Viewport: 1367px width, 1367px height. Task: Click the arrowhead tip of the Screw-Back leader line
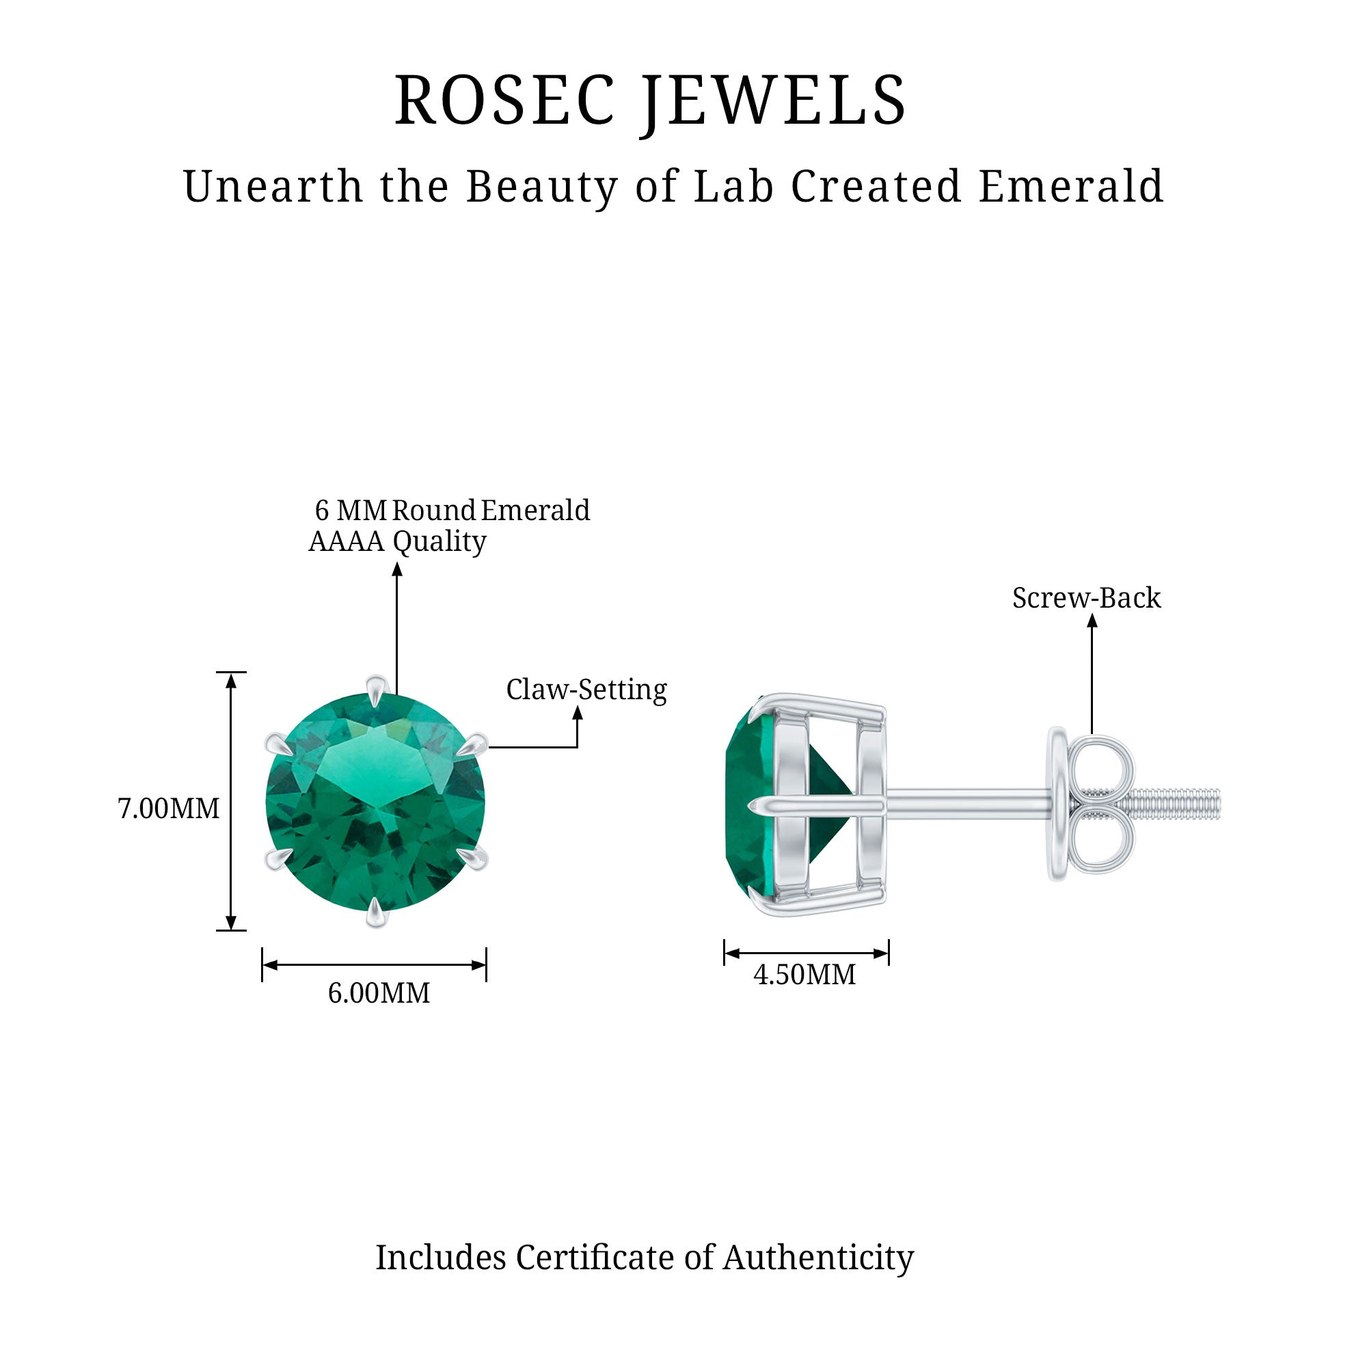click(x=1092, y=614)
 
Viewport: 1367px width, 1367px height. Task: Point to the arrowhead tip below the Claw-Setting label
click(x=578, y=707)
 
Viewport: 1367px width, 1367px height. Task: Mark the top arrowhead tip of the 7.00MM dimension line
click(x=230, y=673)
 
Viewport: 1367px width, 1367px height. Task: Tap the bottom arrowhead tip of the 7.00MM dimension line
click(x=230, y=930)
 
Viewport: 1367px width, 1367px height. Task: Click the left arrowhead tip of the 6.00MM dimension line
click(x=263, y=964)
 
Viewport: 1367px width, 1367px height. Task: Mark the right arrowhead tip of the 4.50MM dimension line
click(x=888, y=953)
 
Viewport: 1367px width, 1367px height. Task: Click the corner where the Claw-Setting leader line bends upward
click(x=578, y=746)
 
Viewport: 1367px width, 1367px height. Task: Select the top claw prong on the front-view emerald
click(x=377, y=690)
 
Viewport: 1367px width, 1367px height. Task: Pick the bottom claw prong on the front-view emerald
click(x=377, y=911)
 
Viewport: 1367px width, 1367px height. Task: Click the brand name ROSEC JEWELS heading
click(x=650, y=100)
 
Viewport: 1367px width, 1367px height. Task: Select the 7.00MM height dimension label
click(x=168, y=808)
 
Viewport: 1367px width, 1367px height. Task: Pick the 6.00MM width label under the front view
click(x=379, y=992)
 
